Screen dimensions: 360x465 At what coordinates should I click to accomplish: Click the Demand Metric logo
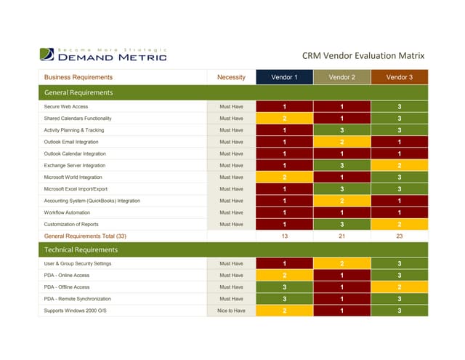point(104,54)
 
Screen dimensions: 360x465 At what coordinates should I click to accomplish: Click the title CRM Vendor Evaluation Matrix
point(363,56)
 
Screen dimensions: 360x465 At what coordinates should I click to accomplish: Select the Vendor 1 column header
point(284,77)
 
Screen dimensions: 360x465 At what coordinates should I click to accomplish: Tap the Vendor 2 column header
point(341,77)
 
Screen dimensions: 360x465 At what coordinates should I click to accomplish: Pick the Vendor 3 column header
point(399,77)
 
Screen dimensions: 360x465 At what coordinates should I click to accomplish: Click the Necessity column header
point(231,77)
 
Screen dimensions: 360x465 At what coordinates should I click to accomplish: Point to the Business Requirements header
point(78,77)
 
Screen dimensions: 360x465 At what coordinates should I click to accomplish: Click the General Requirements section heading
point(78,93)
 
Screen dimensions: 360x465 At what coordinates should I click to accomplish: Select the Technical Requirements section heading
point(81,249)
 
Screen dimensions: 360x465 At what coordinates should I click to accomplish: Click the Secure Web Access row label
point(67,107)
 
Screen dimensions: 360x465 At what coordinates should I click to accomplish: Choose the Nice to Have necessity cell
point(231,311)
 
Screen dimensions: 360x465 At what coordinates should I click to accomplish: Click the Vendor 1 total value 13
point(284,236)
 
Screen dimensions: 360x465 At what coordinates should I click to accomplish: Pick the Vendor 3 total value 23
point(399,236)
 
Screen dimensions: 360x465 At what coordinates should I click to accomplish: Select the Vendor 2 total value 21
point(341,236)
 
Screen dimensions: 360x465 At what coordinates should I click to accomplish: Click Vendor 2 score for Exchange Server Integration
point(341,166)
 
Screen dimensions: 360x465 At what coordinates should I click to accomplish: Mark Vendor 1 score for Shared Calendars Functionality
point(284,119)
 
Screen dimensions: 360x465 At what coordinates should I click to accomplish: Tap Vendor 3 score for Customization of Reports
point(399,224)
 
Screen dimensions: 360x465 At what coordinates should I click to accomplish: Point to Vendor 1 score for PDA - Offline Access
point(284,287)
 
